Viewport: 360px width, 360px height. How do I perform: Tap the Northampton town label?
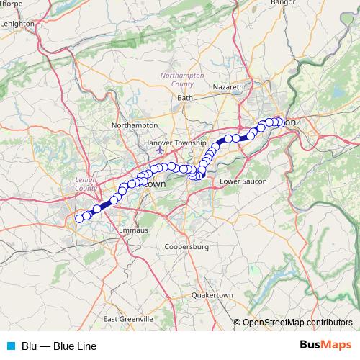click(135, 125)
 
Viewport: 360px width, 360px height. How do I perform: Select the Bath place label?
click(185, 97)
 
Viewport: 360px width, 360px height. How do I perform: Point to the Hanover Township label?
click(175, 143)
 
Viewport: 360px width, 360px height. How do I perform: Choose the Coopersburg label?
click(186, 247)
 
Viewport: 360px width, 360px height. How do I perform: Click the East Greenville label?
click(128, 318)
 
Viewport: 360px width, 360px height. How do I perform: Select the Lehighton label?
click(18, 23)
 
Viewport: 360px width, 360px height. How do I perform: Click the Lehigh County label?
click(86, 184)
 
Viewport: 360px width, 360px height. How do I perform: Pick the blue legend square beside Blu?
click(11, 346)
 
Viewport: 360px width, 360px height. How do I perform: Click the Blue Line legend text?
click(58, 346)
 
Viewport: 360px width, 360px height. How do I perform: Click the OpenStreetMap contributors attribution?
click(297, 323)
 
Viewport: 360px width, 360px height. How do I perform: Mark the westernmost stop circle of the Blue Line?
click(79, 218)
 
